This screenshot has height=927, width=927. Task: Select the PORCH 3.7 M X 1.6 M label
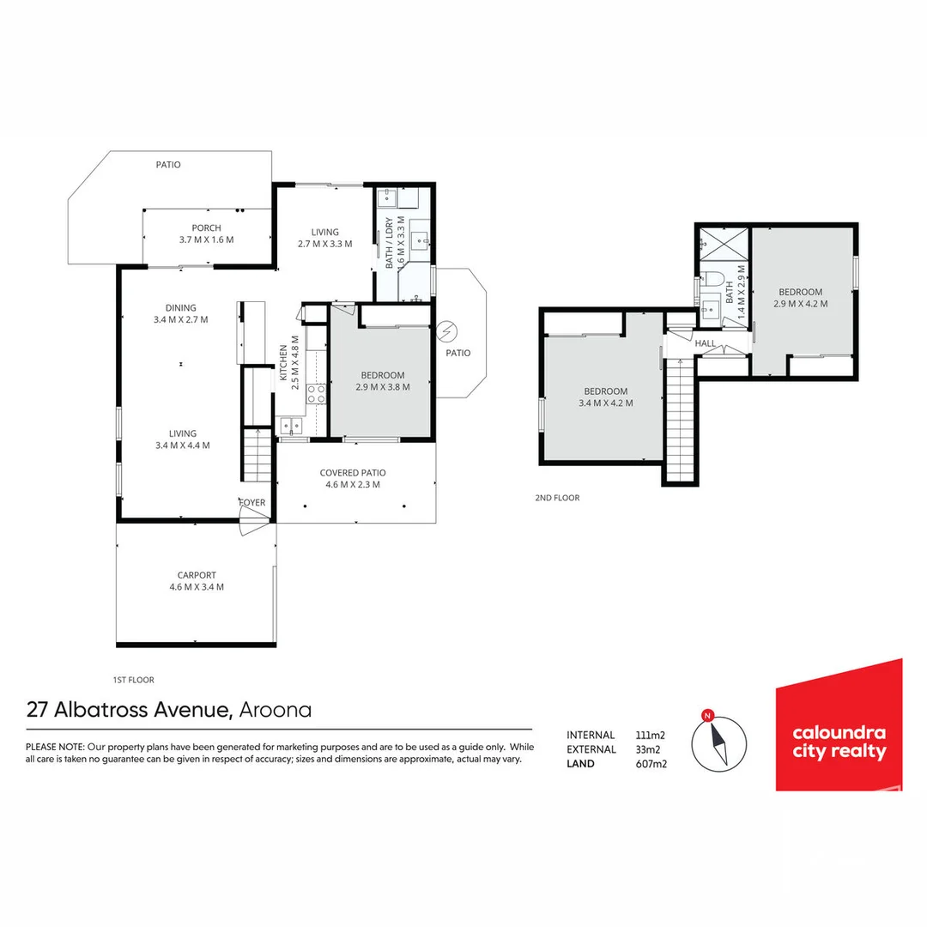click(x=206, y=233)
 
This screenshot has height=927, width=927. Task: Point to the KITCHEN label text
click(x=283, y=363)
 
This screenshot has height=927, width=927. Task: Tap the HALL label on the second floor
click(x=706, y=343)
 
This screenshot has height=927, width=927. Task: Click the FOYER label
click(x=252, y=502)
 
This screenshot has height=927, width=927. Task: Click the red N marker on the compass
click(x=707, y=716)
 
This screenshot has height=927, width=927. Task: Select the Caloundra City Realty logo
click(x=839, y=724)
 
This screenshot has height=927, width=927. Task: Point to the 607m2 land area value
click(x=651, y=764)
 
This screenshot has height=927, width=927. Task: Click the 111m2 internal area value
click(x=651, y=736)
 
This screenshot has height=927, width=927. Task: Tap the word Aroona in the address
click(x=275, y=710)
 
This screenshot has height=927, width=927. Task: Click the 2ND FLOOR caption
click(x=558, y=498)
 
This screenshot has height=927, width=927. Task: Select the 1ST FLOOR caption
click(x=134, y=680)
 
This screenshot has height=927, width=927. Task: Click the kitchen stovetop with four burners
click(x=316, y=394)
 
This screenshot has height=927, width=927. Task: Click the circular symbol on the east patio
click(x=447, y=331)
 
